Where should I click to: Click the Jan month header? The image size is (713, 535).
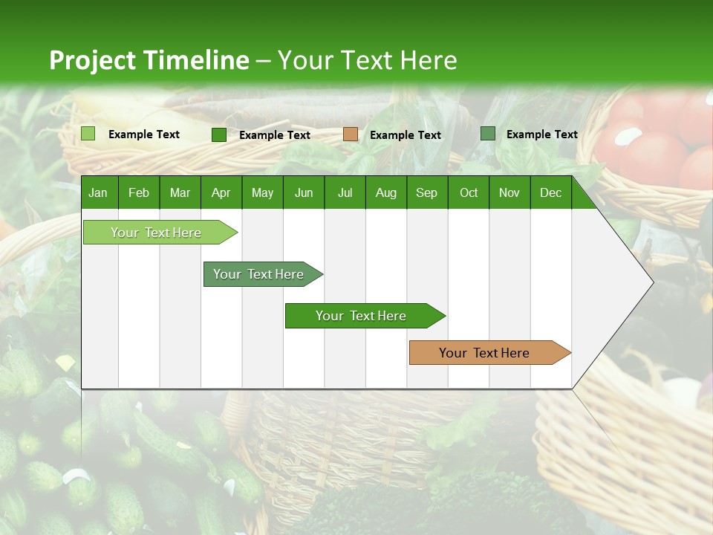98,192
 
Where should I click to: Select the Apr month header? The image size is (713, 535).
221,192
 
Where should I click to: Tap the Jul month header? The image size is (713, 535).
345,192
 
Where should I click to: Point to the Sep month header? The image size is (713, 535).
426,192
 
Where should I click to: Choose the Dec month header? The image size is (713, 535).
550,192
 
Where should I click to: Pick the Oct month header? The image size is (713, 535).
469,192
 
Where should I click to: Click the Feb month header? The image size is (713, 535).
139,192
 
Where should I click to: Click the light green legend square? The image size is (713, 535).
88,134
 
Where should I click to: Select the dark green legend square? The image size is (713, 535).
219,134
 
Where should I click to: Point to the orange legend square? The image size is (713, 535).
351,134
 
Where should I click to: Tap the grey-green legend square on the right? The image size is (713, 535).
488,134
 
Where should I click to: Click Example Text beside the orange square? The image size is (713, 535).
405,135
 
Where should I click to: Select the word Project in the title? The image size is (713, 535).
93,60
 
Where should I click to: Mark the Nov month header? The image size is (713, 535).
509,192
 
